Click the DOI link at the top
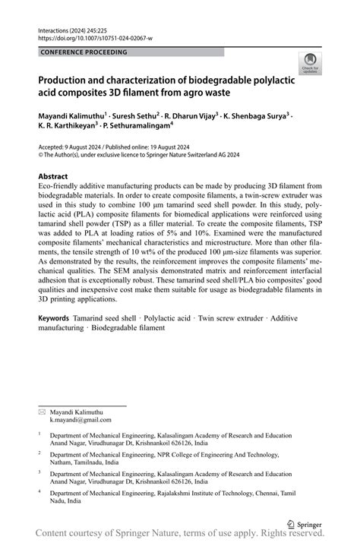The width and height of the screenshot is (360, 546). click(x=95, y=36)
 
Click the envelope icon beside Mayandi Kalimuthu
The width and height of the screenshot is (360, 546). click(x=43, y=411)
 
